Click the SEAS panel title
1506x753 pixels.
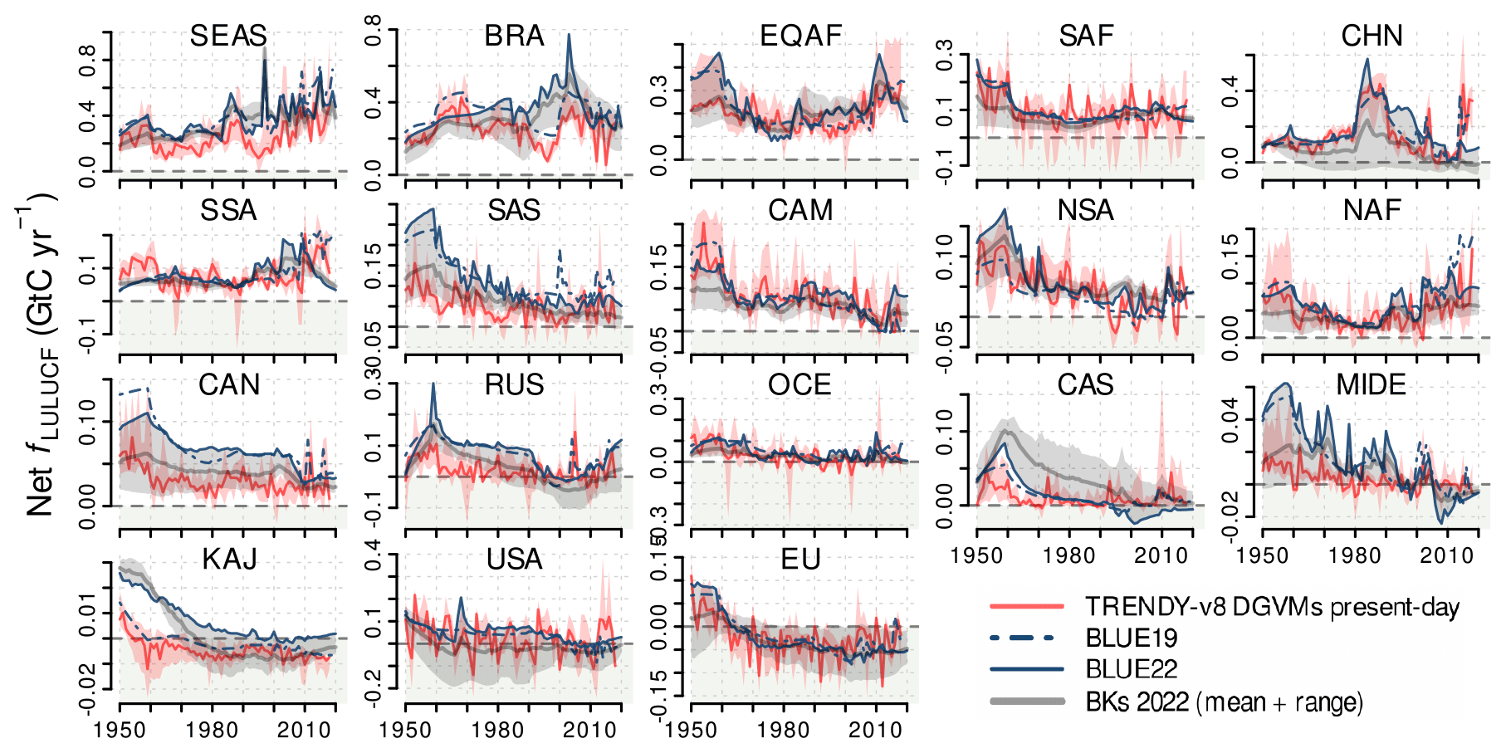[228, 36]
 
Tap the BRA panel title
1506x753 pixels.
[514, 36]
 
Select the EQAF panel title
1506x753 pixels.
[800, 36]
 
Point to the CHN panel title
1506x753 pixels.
[1372, 36]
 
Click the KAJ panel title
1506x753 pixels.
[229, 560]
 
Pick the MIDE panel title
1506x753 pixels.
[1371, 385]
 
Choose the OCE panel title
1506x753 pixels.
[799, 385]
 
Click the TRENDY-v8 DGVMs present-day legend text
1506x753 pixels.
[1272, 607]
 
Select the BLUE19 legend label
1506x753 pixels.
[1132, 638]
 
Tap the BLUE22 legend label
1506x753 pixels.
[1132, 669]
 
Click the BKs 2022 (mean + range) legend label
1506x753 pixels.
[1225, 702]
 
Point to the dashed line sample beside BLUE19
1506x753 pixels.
[1026, 638]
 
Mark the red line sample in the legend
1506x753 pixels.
[1026, 607]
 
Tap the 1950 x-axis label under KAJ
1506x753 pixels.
[120, 731]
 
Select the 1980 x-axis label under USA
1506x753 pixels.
[498, 731]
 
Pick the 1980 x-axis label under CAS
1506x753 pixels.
[1069, 555]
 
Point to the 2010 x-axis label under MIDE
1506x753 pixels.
[1446, 555]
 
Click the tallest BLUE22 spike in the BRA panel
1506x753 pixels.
[569, 36]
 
